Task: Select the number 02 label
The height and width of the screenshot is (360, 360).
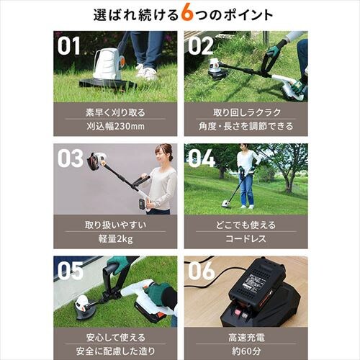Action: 200,46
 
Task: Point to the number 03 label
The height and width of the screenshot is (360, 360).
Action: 70,158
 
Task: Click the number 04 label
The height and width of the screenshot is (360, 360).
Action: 201,158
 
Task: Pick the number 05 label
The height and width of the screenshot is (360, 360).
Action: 71,271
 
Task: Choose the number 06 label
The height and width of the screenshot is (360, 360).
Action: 201,271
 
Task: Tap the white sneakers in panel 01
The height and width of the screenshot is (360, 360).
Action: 146,71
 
